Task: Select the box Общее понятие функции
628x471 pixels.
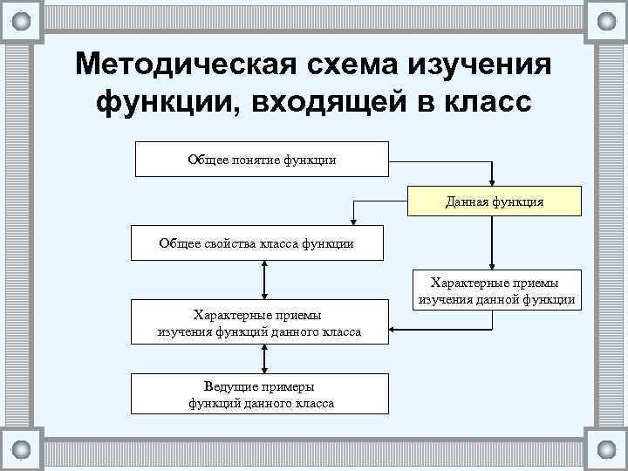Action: pos(262,159)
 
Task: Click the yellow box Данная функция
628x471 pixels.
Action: pos(494,201)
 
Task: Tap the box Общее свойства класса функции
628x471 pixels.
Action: pos(256,243)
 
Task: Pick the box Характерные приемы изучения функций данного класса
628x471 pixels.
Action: pos(259,323)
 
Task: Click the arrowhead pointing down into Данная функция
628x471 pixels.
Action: pos(494,181)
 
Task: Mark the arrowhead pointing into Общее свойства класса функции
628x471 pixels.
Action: pos(353,222)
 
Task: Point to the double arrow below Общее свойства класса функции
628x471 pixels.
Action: pos(263,280)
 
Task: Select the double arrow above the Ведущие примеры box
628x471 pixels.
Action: pos(263,358)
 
